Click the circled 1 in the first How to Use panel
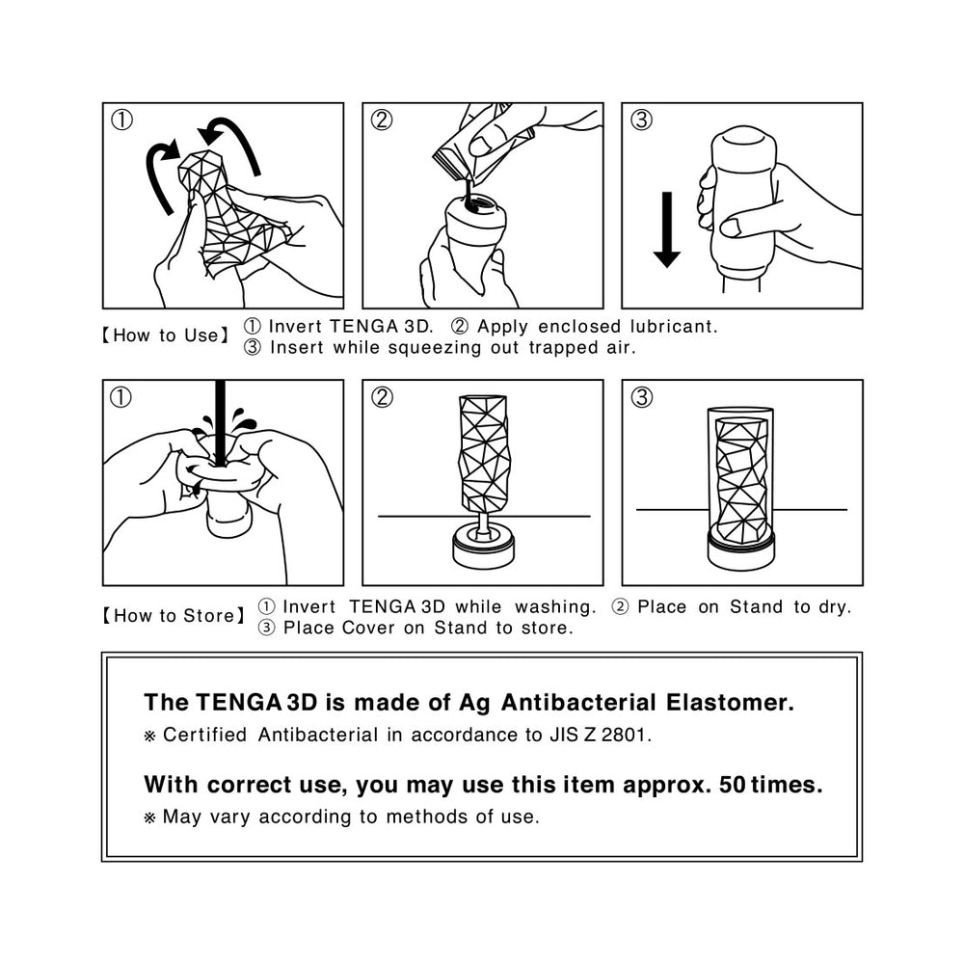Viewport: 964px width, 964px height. [121, 120]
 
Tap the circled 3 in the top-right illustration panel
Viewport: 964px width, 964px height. [641, 120]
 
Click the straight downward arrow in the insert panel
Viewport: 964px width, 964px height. [666, 230]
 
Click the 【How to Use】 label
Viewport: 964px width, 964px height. [166, 335]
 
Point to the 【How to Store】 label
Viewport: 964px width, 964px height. [174, 616]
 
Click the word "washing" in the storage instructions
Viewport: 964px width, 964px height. [555, 607]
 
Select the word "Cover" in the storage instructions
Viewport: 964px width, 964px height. [368, 628]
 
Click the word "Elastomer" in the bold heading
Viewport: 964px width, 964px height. [730, 703]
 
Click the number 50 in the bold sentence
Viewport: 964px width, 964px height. [733, 785]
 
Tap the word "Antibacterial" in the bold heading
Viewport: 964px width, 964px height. [578, 703]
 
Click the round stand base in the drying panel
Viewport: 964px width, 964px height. [483, 547]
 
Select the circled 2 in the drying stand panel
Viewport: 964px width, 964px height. [382, 397]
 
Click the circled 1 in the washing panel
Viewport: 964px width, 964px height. [121, 397]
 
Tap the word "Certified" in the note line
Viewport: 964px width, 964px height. [204, 736]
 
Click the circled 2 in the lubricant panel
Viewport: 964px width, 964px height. [382, 120]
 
